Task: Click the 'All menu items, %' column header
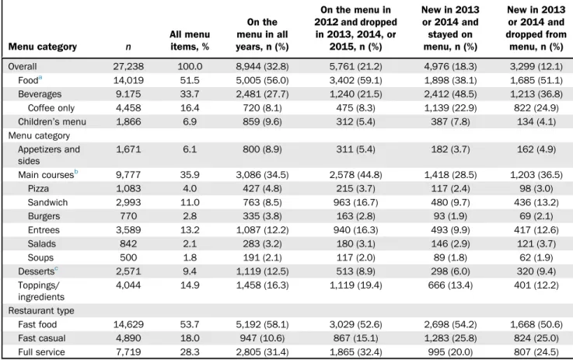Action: [x=190, y=40]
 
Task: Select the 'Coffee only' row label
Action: [x=51, y=108]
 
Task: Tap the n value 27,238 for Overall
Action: [x=128, y=67]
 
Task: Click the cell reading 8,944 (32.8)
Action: [x=262, y=67]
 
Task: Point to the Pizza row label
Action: [x=38, y=189]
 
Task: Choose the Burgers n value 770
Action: [x=128, y=216]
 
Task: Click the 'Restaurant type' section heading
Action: [x=41, y=311]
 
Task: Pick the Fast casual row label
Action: [x=42, y=338]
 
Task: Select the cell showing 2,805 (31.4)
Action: [x=262, y=352]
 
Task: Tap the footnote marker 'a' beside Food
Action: [x=40, y=78]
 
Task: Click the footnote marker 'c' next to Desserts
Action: [x=56, y=268]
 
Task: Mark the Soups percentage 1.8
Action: [x=190, y=257]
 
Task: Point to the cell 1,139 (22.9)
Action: [x=450, y=108]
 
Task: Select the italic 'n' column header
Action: [x=128, y=47]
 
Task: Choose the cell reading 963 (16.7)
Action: [x=355, y=202]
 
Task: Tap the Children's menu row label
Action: [x=52, y=122]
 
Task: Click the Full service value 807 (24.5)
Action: [x=536, y=352]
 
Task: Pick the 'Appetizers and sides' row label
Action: [x=49, y=155]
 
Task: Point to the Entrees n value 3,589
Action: [x=128, y=230]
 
